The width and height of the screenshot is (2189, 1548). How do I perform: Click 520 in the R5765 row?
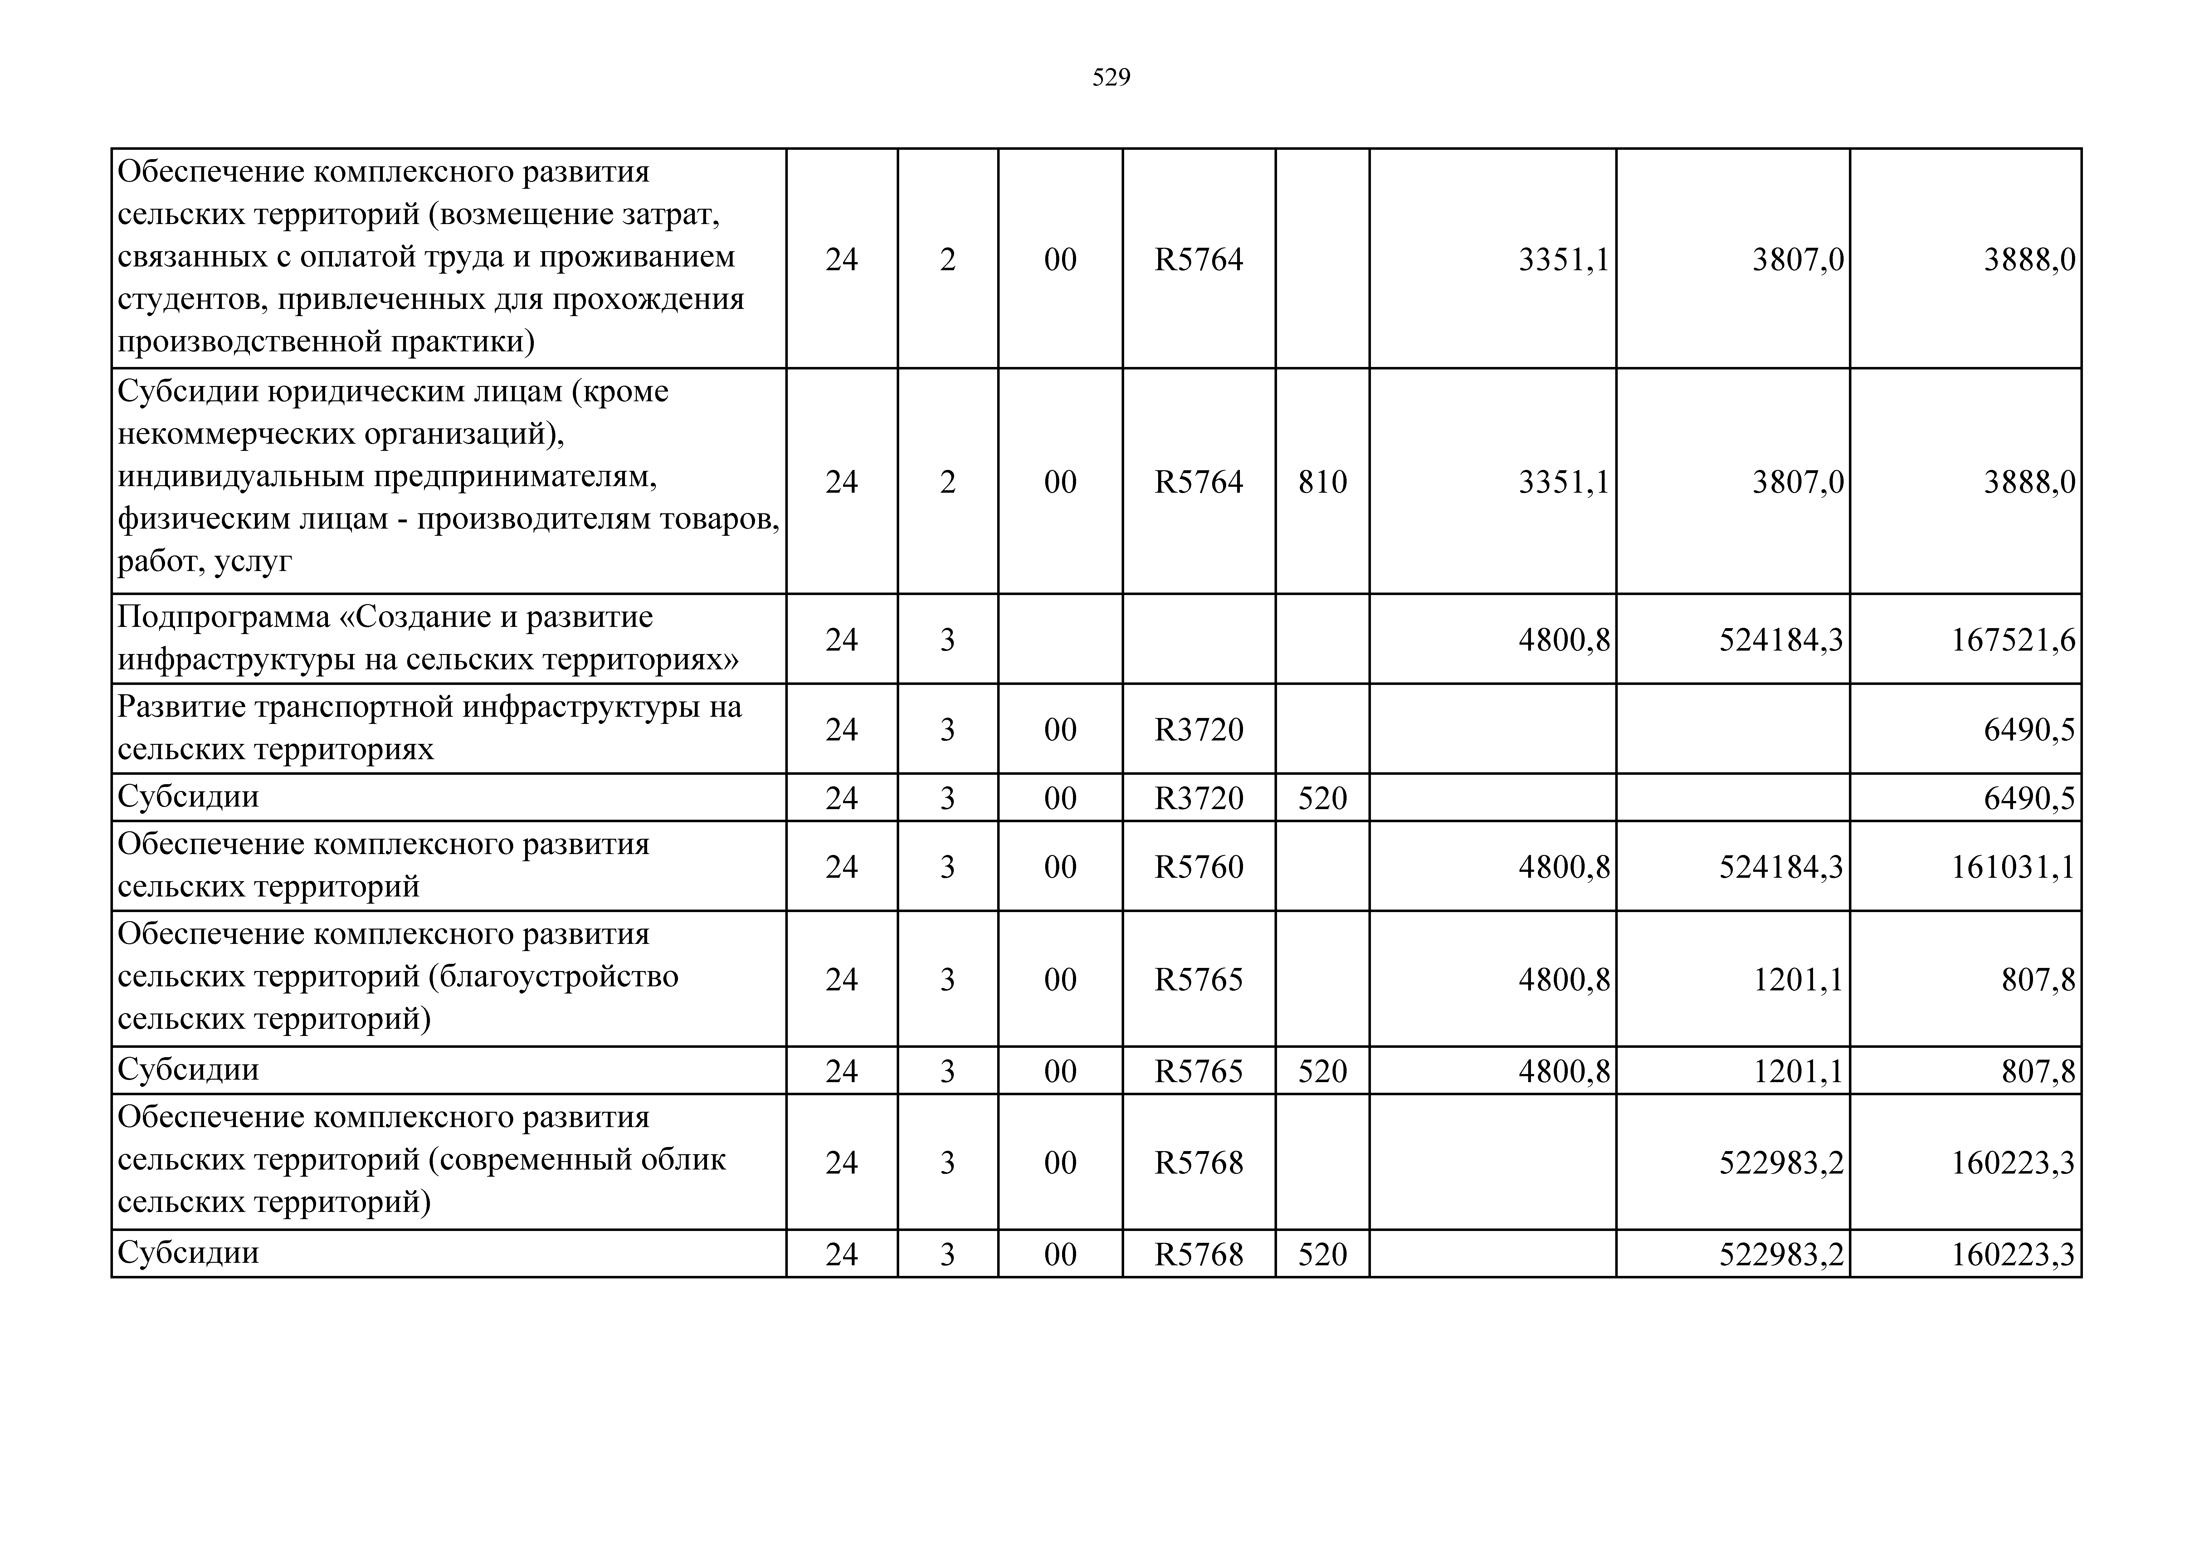[1322, 1071]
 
